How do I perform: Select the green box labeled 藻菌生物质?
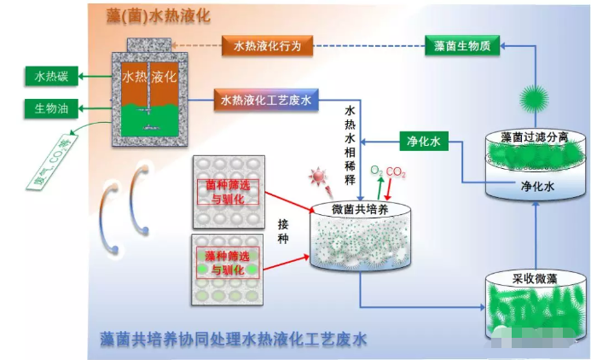(462, 46)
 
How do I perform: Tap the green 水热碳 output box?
(51, 78)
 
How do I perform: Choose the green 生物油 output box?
(51, 108)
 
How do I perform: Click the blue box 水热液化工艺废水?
(266, 101)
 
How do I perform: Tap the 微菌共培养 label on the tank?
(357, 210)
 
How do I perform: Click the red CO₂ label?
(396, 172)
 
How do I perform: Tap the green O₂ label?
(375, 172)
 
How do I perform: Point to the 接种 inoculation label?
(283, 230)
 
